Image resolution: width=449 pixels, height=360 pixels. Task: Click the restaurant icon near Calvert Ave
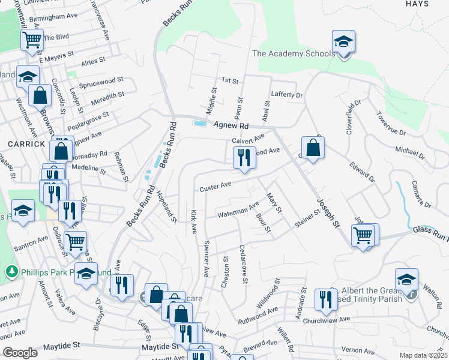click(244, 158)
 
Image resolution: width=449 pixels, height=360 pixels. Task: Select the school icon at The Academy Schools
click(343, 42)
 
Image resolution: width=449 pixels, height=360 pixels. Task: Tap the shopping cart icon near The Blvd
click(32, 40)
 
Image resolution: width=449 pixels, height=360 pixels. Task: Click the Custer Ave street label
click(215, 187)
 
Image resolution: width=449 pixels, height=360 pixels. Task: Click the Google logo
click(20, 352)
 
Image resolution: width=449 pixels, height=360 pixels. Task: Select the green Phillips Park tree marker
click(11, 272)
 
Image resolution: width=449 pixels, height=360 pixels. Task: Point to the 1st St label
click(230, 80)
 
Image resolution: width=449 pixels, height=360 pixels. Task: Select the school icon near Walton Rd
click(406, 280)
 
